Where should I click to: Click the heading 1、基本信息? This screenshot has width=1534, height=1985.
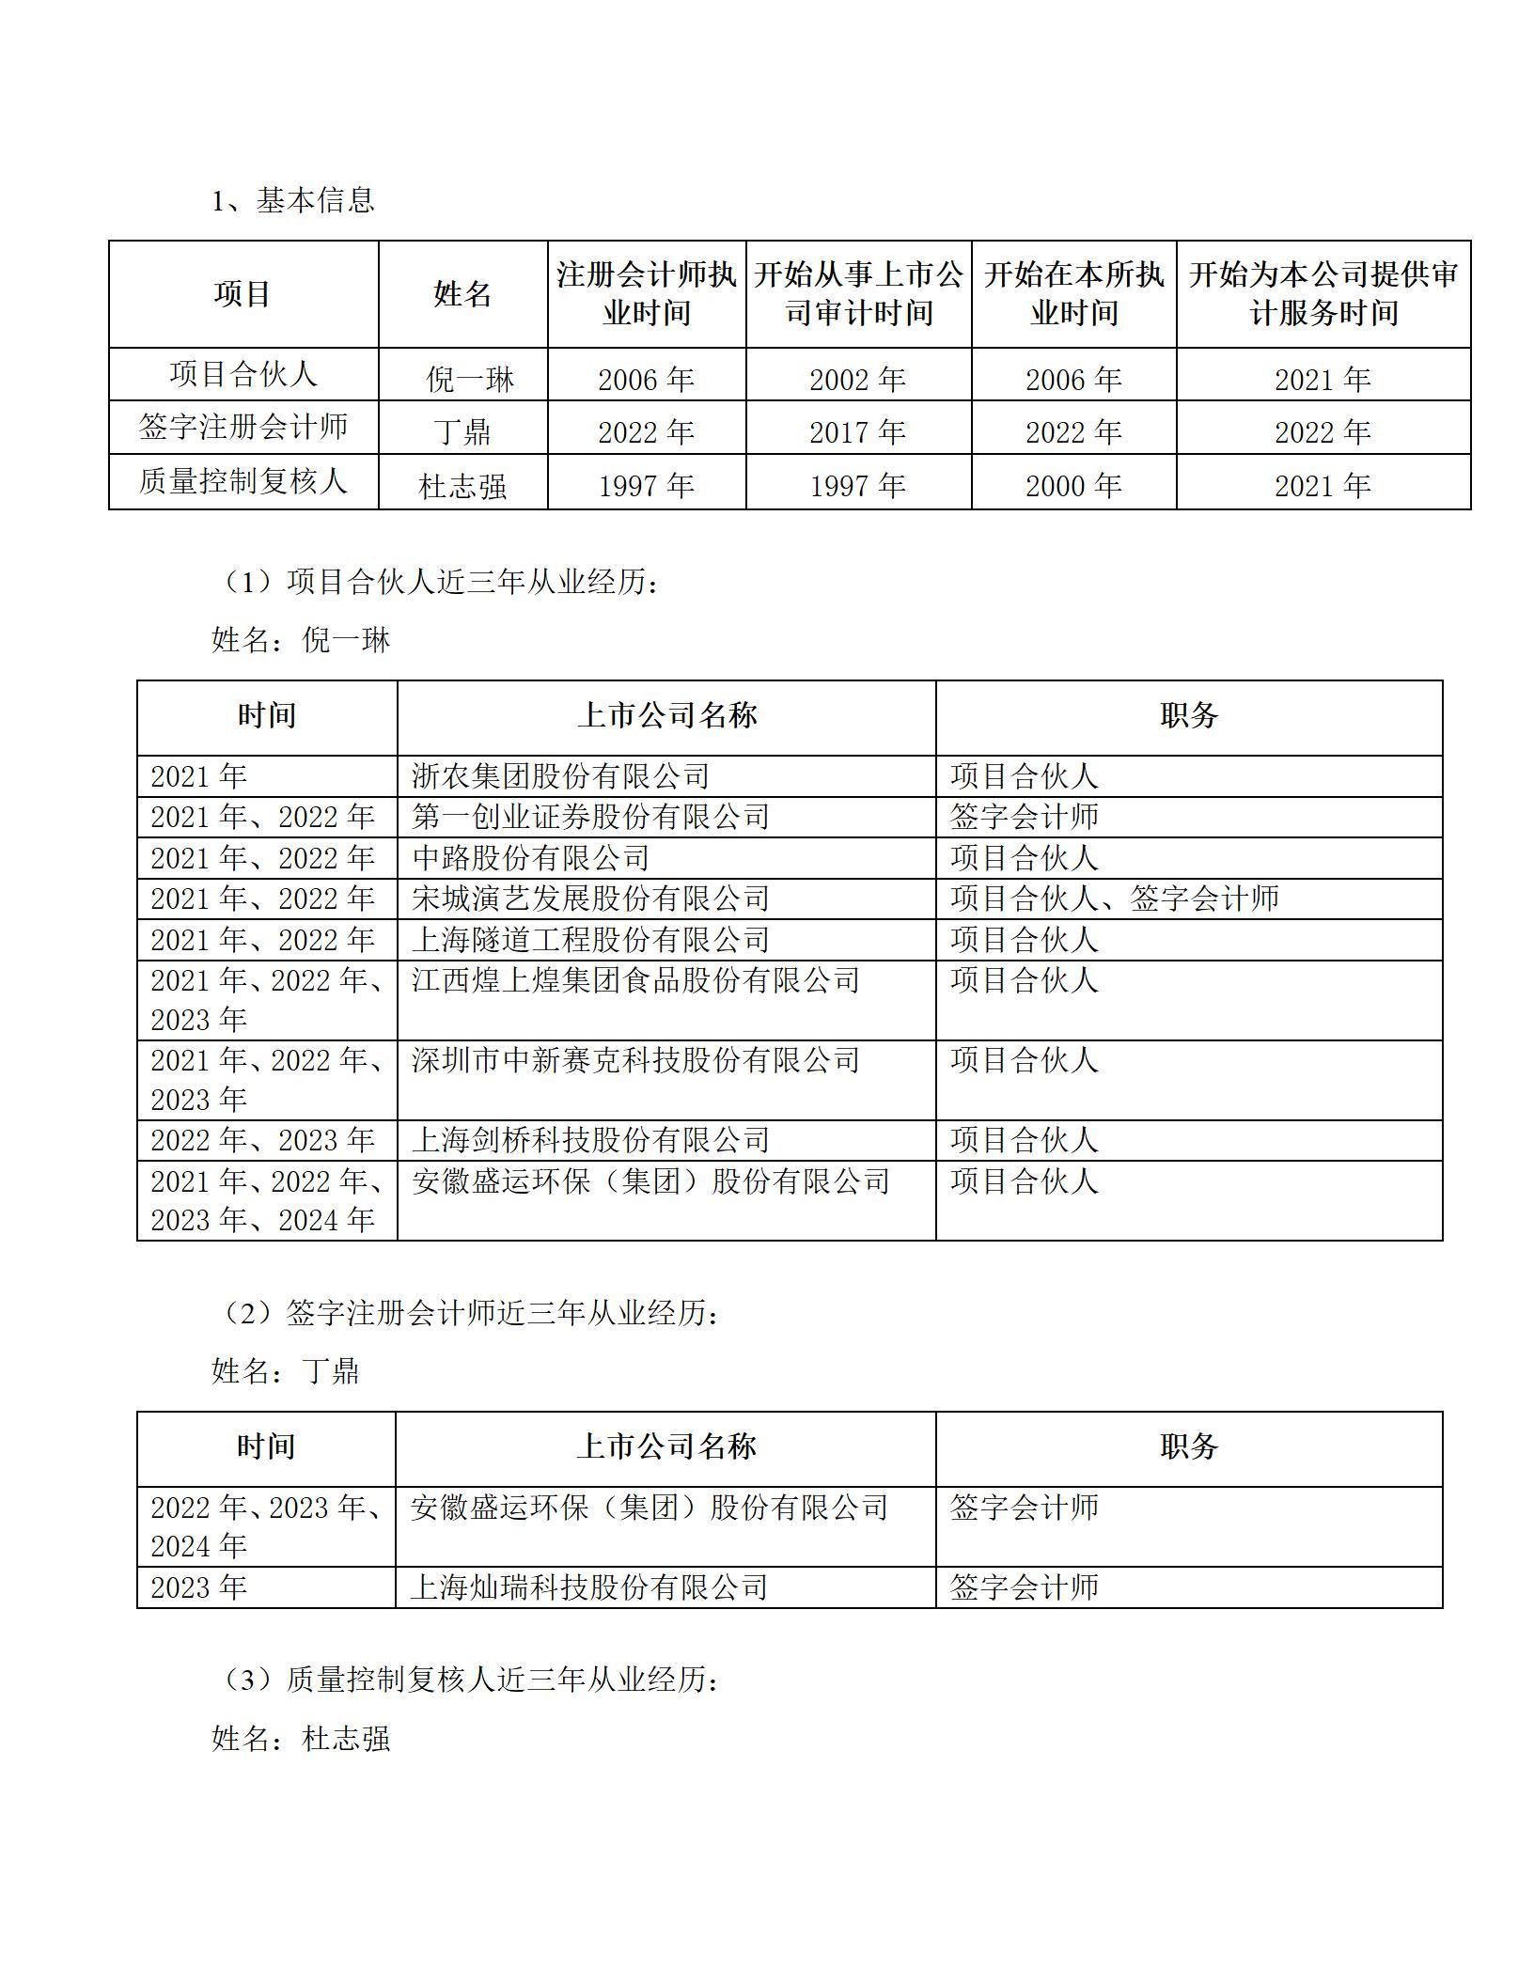[293, 200]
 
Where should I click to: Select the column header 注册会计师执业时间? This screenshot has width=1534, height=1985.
[647, 294]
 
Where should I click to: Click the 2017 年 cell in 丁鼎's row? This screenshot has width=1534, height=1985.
[857, 432]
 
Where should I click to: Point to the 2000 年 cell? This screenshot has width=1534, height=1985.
[1073, 486]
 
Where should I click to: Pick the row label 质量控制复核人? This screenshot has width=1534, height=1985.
[243, 481]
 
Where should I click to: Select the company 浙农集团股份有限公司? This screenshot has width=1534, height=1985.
[560, 776]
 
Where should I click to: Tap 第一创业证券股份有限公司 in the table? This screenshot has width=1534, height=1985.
[590, 817]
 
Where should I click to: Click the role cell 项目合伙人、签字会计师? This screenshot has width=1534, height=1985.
[1115, 899]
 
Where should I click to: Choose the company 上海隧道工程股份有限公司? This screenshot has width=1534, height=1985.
[590, 940]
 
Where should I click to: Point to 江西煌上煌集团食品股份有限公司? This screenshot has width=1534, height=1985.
[635, 981]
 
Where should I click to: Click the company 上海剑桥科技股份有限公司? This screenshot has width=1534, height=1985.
[590, 1140]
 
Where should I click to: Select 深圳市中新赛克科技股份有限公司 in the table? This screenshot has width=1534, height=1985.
[635, 1061]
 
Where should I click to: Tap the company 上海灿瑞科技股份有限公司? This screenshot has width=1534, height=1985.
[589, 1587]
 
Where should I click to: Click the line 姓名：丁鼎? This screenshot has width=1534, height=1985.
[286, 1371]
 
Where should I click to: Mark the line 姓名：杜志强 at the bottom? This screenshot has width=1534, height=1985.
[301, 1738]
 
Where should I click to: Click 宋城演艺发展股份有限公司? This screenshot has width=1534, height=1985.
[590, 899]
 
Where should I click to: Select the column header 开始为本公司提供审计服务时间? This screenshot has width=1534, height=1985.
[1323, 294]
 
